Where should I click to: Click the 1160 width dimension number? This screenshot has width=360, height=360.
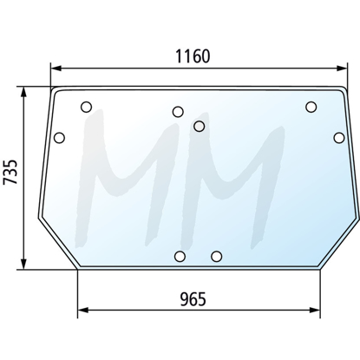pos(193,56)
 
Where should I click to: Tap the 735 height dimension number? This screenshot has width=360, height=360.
pos(10,172)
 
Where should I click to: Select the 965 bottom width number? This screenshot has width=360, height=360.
pos(193,299)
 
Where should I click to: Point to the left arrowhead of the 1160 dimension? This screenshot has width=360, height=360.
pos(56,69)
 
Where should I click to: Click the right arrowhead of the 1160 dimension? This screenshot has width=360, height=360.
pos(342,69)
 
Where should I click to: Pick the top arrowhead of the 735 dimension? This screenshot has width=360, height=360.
pos(24,93)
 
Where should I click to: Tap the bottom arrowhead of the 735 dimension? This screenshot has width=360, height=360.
pos(24,264)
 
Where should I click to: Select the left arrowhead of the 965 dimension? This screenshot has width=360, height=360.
pos(83,311)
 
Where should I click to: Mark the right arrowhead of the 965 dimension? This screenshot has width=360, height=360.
pos(315,311)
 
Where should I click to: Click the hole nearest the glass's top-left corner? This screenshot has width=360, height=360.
pos(86,107)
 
